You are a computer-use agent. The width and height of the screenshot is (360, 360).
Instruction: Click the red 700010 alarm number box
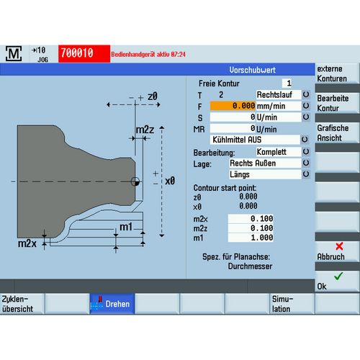pyautogui.click(x=84, y=53)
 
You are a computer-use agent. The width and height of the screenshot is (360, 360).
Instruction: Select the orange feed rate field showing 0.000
pyautogui.click(x=233, y=106)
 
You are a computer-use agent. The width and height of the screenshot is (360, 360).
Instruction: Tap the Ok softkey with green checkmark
pyautogui.click(x=337, y=282)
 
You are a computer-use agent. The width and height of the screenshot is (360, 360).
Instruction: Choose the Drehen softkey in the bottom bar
pyautogui.click(x=112, y=304)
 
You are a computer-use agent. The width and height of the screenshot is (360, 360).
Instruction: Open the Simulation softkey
pyautogui.click(x=292, y=304)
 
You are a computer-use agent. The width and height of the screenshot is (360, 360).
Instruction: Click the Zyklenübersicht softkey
pyautogui.click(x=22, y=304)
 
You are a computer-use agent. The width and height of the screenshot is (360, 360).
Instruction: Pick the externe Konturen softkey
pyautogui.click(x=337, y=73)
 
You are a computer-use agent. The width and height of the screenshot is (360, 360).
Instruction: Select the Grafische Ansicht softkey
pyautogui.click(x=337, y=133)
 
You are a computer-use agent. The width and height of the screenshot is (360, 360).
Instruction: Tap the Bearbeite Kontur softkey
pyautogui.click(x=337, y=103)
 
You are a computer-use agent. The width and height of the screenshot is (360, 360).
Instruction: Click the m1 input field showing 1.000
pyautogui.click(x=251, y=238)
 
